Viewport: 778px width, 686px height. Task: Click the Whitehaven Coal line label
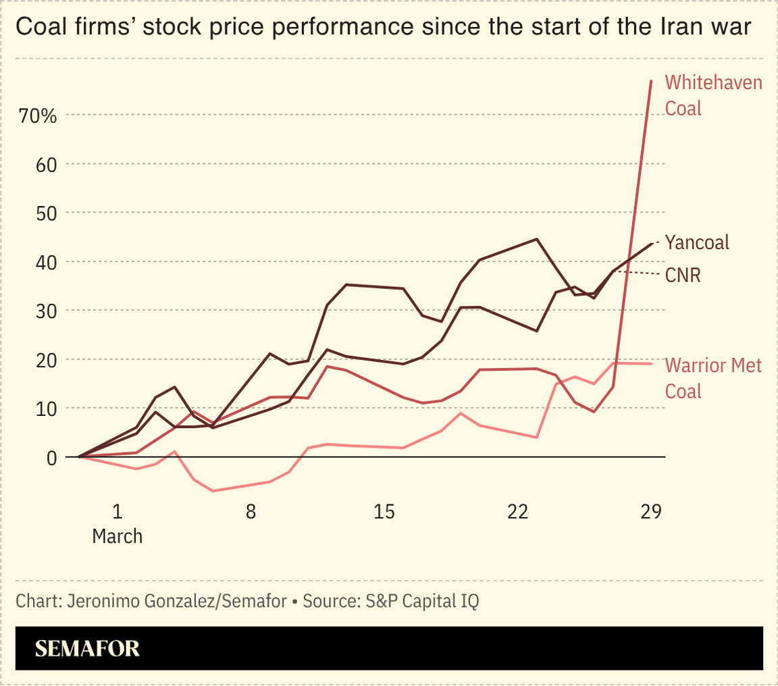713,95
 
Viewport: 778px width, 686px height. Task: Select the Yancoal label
696,242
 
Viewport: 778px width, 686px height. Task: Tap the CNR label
683,275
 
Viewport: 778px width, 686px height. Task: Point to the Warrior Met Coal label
713,378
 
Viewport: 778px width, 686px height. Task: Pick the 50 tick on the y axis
45,213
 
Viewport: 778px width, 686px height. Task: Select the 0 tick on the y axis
51,457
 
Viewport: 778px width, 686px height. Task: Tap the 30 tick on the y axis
45,311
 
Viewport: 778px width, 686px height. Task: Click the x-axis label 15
384,512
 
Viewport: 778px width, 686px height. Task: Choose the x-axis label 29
650,512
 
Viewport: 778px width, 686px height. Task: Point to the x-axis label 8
251,512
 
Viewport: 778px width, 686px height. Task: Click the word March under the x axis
118,536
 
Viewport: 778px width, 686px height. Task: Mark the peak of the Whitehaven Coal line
651,80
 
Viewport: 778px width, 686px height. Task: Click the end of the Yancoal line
652,243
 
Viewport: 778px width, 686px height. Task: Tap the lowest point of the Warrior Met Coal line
213,491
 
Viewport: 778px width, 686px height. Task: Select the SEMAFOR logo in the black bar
87,648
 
